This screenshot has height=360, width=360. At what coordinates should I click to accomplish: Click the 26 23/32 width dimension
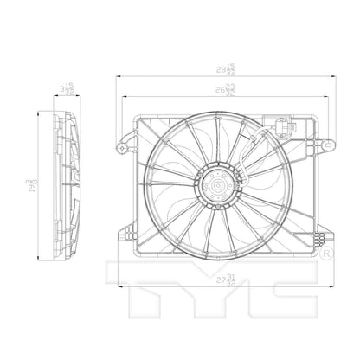coord(228,89)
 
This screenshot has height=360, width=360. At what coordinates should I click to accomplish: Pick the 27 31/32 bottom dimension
coord(227,278)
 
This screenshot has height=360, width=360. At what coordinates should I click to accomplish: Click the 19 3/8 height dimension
coord(31,183)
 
